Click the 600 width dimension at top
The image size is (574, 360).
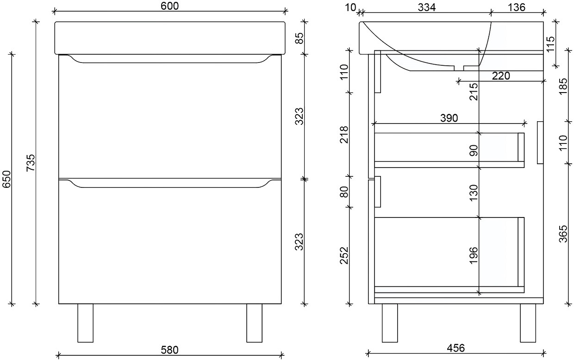click(x=170, y=6)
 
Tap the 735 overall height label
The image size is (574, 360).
click(x=30, y=162)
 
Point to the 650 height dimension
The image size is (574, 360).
click(x=6, y=179)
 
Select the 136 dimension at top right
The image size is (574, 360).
click(x=516, y=7)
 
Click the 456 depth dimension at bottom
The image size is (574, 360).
click(x=455, y=348)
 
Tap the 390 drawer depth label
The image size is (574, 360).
click(x=449, y=118)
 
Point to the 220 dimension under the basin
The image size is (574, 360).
click(x=501, y=76)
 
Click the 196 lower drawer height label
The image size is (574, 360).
click(x=473, y=255)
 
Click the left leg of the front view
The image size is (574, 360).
click(x=85, y=323)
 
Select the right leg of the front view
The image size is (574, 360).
click(x=254, y=323)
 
